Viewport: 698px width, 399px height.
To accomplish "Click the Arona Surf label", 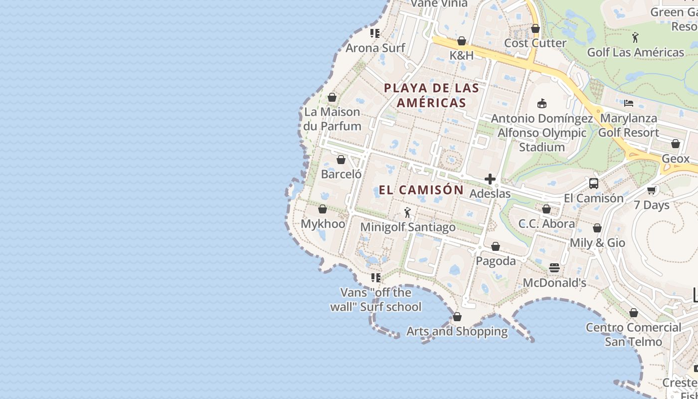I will pos(375,48).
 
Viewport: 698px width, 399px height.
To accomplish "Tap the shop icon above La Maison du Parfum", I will pos(332,97).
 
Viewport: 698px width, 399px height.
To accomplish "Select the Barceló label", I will pos(341,174).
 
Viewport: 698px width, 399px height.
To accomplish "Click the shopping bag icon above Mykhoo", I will pos(323,209).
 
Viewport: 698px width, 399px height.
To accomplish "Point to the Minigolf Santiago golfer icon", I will pos(407,212).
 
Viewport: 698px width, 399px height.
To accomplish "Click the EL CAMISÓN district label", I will pos(421,190).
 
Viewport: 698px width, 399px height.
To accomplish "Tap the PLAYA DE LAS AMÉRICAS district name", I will pos(431,95).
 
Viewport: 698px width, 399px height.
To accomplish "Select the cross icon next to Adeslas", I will pos(490,179).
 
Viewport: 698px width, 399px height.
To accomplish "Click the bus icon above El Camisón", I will pos(593,183).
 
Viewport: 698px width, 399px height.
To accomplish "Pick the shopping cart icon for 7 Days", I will pos(651,190).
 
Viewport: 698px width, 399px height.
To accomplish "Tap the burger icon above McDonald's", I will pos(554,268).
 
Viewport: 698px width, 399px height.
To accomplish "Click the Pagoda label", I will pos(496,261).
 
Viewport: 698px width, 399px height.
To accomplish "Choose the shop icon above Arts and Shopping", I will pos(457,317).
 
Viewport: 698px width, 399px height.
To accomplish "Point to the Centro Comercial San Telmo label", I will pos(633,335).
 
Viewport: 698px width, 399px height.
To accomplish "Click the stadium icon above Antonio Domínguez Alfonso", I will pos(542,104).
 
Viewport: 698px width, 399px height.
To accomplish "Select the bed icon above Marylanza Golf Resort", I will pos(629,103).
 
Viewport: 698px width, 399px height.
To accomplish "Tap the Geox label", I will pos(676,159).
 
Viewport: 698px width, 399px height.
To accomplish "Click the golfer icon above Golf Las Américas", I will pos(635,37).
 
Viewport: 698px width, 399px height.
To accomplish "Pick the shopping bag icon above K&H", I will pos(462,41).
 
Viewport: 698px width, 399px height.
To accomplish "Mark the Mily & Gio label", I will pos(597,243).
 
